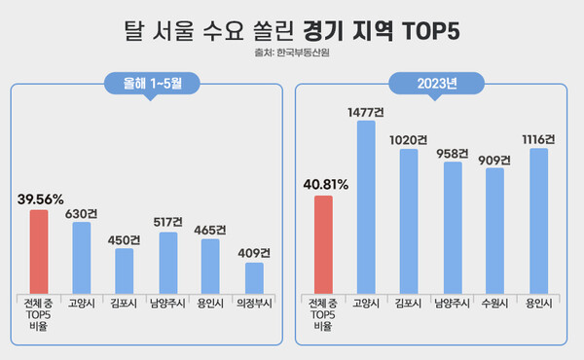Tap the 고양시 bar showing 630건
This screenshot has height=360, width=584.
coord(82,258)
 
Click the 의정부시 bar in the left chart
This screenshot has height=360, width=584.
coord(253,278)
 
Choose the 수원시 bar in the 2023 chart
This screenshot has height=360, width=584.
coord(494,231)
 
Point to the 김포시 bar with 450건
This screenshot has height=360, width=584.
coord(125,270)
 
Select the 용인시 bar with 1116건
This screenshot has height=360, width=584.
coord(537,221)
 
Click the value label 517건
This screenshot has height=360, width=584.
coord(167,223)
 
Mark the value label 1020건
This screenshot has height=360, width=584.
coord(409,139)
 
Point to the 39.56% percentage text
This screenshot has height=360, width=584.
coord(41,199)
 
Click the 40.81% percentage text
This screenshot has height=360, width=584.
coord(325,186)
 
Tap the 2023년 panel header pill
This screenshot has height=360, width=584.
coord(433,84)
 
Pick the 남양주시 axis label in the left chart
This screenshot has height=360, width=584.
coord(167,304)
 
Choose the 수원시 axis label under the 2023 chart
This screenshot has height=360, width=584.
coord(494,304)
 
